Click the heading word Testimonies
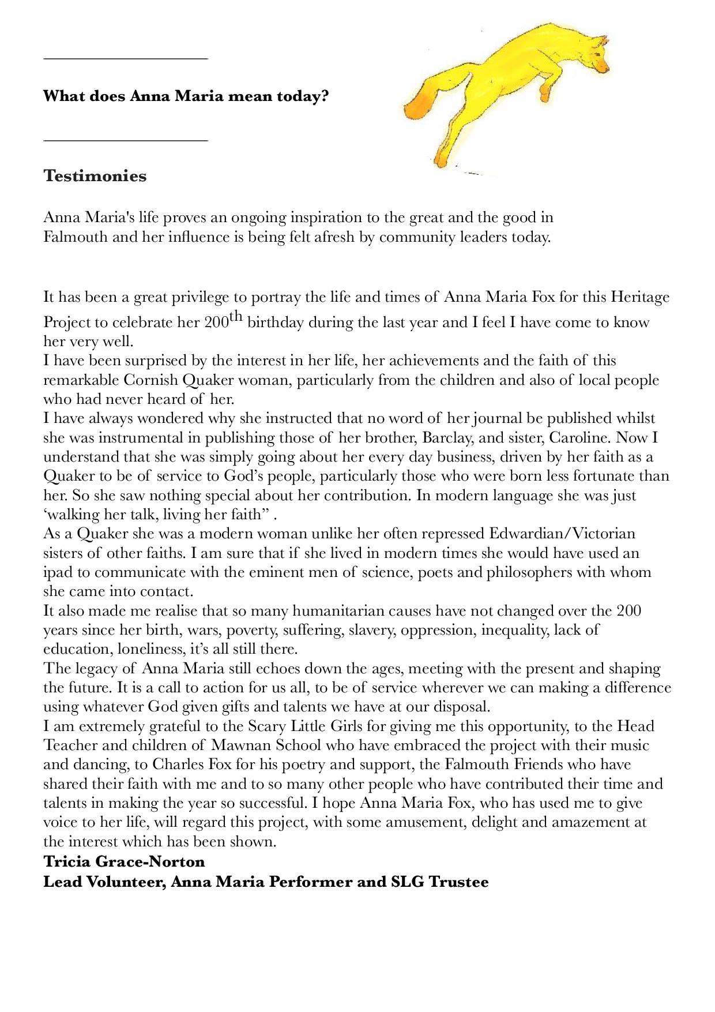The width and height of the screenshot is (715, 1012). (95, 176)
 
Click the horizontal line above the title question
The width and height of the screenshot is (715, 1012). (125, 58)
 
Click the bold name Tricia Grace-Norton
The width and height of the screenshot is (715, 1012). (124, 861)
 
